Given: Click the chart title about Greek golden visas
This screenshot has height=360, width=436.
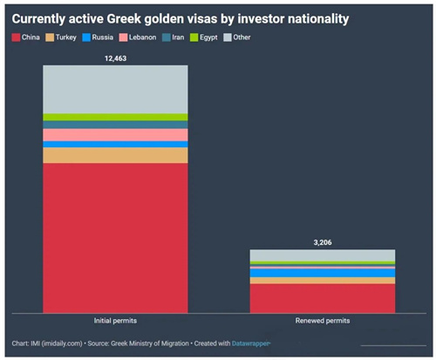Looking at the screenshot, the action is click(181, 19).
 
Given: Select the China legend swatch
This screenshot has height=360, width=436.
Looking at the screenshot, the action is click(16, 37).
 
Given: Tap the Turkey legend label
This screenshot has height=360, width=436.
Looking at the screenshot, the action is click(66, 37).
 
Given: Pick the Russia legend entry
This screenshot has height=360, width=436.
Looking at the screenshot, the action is click(98, 37).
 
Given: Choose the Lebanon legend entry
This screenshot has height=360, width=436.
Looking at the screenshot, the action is click(138, 37).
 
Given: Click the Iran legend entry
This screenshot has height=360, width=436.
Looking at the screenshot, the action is click(174, 37).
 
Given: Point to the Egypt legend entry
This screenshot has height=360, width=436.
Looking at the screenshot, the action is click(204, 37).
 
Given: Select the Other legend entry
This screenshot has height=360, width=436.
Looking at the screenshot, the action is click(237, 37).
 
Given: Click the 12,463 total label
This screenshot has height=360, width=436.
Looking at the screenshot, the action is click(115, 58).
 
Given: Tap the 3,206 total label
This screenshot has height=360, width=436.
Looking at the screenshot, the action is click(323, 242).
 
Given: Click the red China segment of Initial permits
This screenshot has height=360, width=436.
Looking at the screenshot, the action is click(115, 238).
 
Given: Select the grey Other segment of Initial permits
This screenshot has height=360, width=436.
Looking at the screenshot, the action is click(115, 89).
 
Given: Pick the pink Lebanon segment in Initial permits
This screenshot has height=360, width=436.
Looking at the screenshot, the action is click(115, 135).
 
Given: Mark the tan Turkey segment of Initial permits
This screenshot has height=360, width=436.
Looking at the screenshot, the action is click(115, 155).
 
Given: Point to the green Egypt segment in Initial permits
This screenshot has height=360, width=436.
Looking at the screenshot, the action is click(115, 117).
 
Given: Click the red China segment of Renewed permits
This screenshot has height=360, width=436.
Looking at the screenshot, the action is click(323, 298).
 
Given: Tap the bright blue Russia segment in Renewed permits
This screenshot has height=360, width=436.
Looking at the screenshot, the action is click(323, 273).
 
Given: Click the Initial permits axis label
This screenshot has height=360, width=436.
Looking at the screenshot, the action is click(115, 321).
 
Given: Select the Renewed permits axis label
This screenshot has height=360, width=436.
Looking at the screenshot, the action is click(323, 321).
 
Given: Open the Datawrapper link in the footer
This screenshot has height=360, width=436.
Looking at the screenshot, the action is click(250, 343).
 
